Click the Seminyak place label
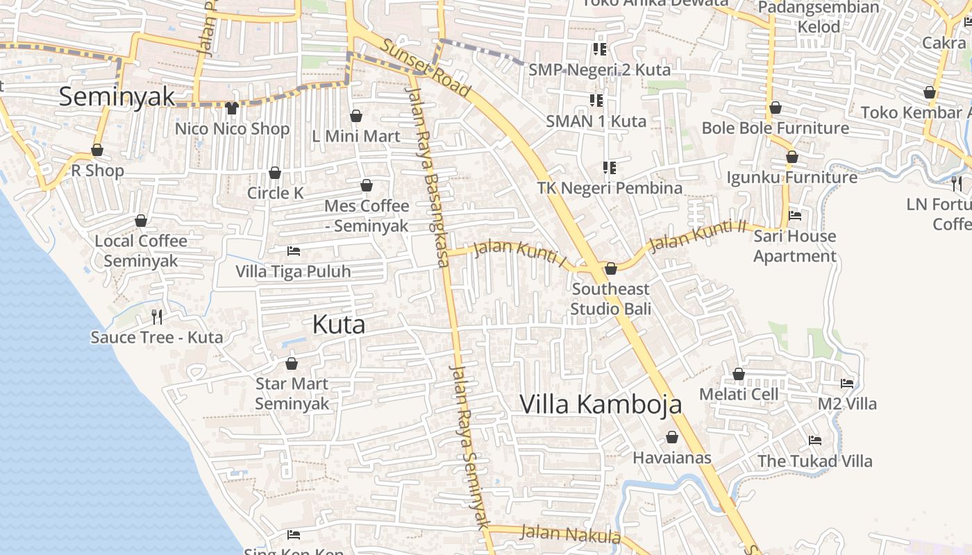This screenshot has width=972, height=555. click(117, 96)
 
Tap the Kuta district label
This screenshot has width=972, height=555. click(339, 324)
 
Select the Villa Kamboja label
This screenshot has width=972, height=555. click(601, 404)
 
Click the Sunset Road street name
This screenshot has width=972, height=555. click(426, 68)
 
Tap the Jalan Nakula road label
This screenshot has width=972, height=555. click(570, 534)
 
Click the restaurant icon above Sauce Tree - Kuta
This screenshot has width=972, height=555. click(157, 317)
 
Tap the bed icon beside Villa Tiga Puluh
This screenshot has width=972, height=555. click(294, 250)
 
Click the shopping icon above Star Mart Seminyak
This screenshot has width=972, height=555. click(292, 364)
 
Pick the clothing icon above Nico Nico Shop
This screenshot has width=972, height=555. click(231, 108)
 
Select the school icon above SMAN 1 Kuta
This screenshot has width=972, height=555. click(596, 101)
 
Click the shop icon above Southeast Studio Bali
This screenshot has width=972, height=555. click(611, 268)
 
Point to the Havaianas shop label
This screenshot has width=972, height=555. click(671, 458)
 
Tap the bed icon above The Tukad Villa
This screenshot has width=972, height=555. click(815, 441)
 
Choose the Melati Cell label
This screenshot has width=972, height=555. click(739, 394)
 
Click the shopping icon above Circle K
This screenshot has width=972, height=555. click(275, 173)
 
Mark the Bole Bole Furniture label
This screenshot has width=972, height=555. click(775, 128)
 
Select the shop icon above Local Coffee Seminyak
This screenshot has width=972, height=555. click(141, 221)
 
